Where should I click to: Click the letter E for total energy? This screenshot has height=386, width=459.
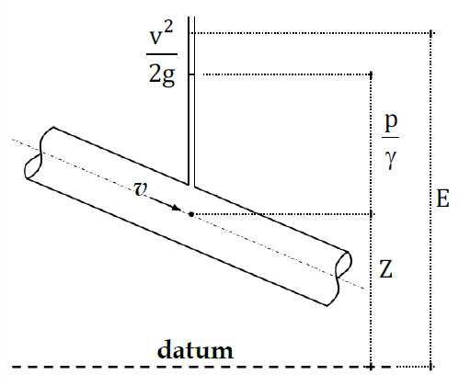click(x=442, y=199)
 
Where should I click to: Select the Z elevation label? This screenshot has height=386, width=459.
click(x=388, y=270)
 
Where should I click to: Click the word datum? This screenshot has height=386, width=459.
click(x=194, y=350)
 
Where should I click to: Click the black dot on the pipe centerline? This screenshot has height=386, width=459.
click(x=190, y=214)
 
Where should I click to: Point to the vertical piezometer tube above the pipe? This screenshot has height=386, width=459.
click(x=190, y=101)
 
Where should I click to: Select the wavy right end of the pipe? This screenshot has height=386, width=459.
click(x=344, y=271)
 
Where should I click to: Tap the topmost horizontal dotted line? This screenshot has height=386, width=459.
click(x=313, y=33)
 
